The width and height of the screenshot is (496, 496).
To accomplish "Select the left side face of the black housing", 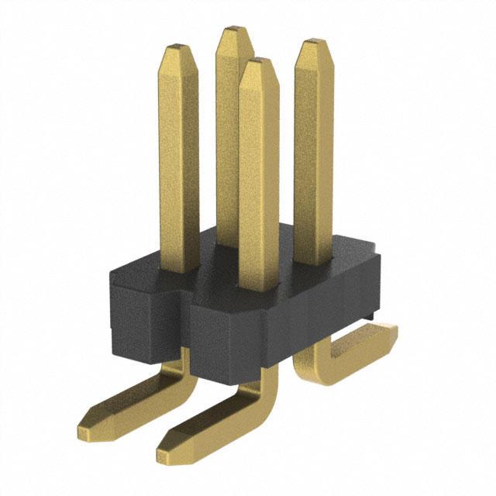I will [x=132, y=310].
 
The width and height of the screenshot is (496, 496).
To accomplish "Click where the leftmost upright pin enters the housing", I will [x=179, y=269].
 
